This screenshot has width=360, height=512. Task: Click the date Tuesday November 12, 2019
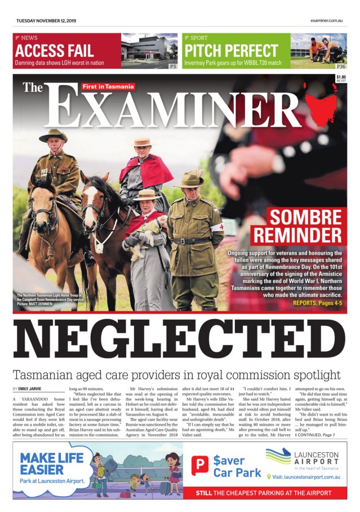(x=46, y=21)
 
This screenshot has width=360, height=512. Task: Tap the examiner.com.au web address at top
(x=327, y=21)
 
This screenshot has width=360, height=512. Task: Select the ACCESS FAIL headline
(x=55, y=51)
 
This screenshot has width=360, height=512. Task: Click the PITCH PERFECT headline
(x=231, y=51)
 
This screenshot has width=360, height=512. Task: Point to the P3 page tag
(x=173, y=66)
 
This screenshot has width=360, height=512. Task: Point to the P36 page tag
(x=341, y=66)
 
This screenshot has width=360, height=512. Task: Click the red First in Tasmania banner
(x=108, y=86)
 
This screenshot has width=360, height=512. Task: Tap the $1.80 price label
(x=340, y=78)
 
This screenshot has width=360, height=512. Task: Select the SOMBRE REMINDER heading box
(x=305, y=226)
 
